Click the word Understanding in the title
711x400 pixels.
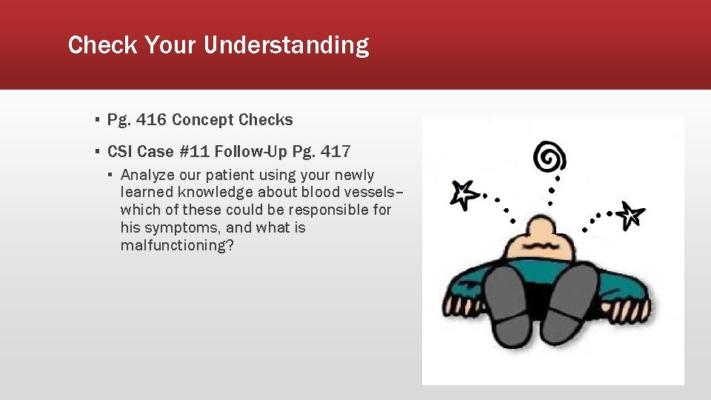point(286,46)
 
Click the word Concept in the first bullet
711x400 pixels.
point(214,120)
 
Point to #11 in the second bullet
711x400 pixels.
point(194,152)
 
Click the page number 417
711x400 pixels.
point(335,152)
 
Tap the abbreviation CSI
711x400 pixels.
point(120,152)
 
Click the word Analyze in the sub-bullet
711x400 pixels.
point(148,176)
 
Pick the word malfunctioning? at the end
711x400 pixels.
point(177,245)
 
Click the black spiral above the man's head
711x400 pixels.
point(550,157)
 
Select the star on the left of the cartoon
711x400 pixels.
point(464,193)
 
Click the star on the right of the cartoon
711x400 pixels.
point(631,215)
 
